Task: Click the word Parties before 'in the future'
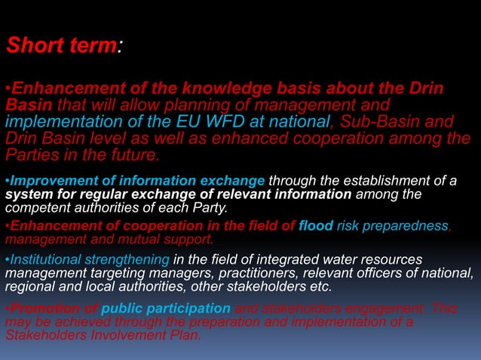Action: [33, 155]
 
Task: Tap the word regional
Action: [27, 286]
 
